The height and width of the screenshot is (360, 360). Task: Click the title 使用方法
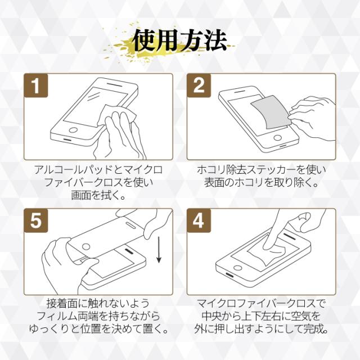pyautogui.click(x=181, y=41)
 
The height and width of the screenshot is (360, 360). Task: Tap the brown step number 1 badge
pyautogui.click(x=36, y=85)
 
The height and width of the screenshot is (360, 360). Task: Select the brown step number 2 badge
pyautogui.click(x=199, y=85)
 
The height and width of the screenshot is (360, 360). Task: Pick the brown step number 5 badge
pyautogui.click(x=36, y=220)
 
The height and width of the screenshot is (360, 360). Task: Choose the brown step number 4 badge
pyautogui.click(x=199, y=220)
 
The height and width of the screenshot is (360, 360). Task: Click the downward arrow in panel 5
pyautogui.click(x=159, y=250)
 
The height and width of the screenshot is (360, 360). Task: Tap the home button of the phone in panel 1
pyautogui.click(x=73, y=130)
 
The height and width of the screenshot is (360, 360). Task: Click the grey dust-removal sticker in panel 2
pyautogui.click(x=270, y=112)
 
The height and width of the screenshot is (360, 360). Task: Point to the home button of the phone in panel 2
pyautogui.click(x=277, y=138)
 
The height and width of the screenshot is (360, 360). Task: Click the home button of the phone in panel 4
pyautogui.click(x=238, y=268)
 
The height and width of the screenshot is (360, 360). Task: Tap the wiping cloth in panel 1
pyautogui.click(x=117, y=115)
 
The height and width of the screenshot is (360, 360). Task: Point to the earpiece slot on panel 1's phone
pyautogui.click(x=116, y=85)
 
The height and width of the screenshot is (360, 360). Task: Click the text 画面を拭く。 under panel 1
pyautogui.click(x=98, y=195)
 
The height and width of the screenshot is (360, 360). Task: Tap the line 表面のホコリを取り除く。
pyautogui.click(x=261, y=182)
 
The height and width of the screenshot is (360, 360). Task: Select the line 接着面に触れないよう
pyautogui.click(x=98, y=304)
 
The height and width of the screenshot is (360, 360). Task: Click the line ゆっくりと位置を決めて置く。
pyautogui.click(x=98, y=329)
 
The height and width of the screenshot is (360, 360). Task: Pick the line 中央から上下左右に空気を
pyautogui.click(x=261, y=316)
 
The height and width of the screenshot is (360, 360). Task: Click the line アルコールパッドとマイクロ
pyautogui.click(x=98, y=170)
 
